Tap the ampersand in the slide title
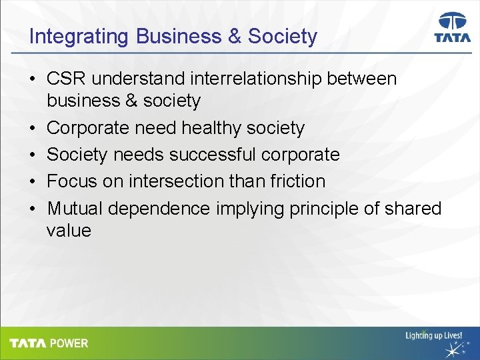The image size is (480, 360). point(235,36)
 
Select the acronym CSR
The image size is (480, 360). point(67,79)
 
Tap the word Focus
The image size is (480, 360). point(71,181)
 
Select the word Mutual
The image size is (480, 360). point(75,209)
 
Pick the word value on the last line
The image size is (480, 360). point(68,231)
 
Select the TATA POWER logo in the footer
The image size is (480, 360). point(49,343)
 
